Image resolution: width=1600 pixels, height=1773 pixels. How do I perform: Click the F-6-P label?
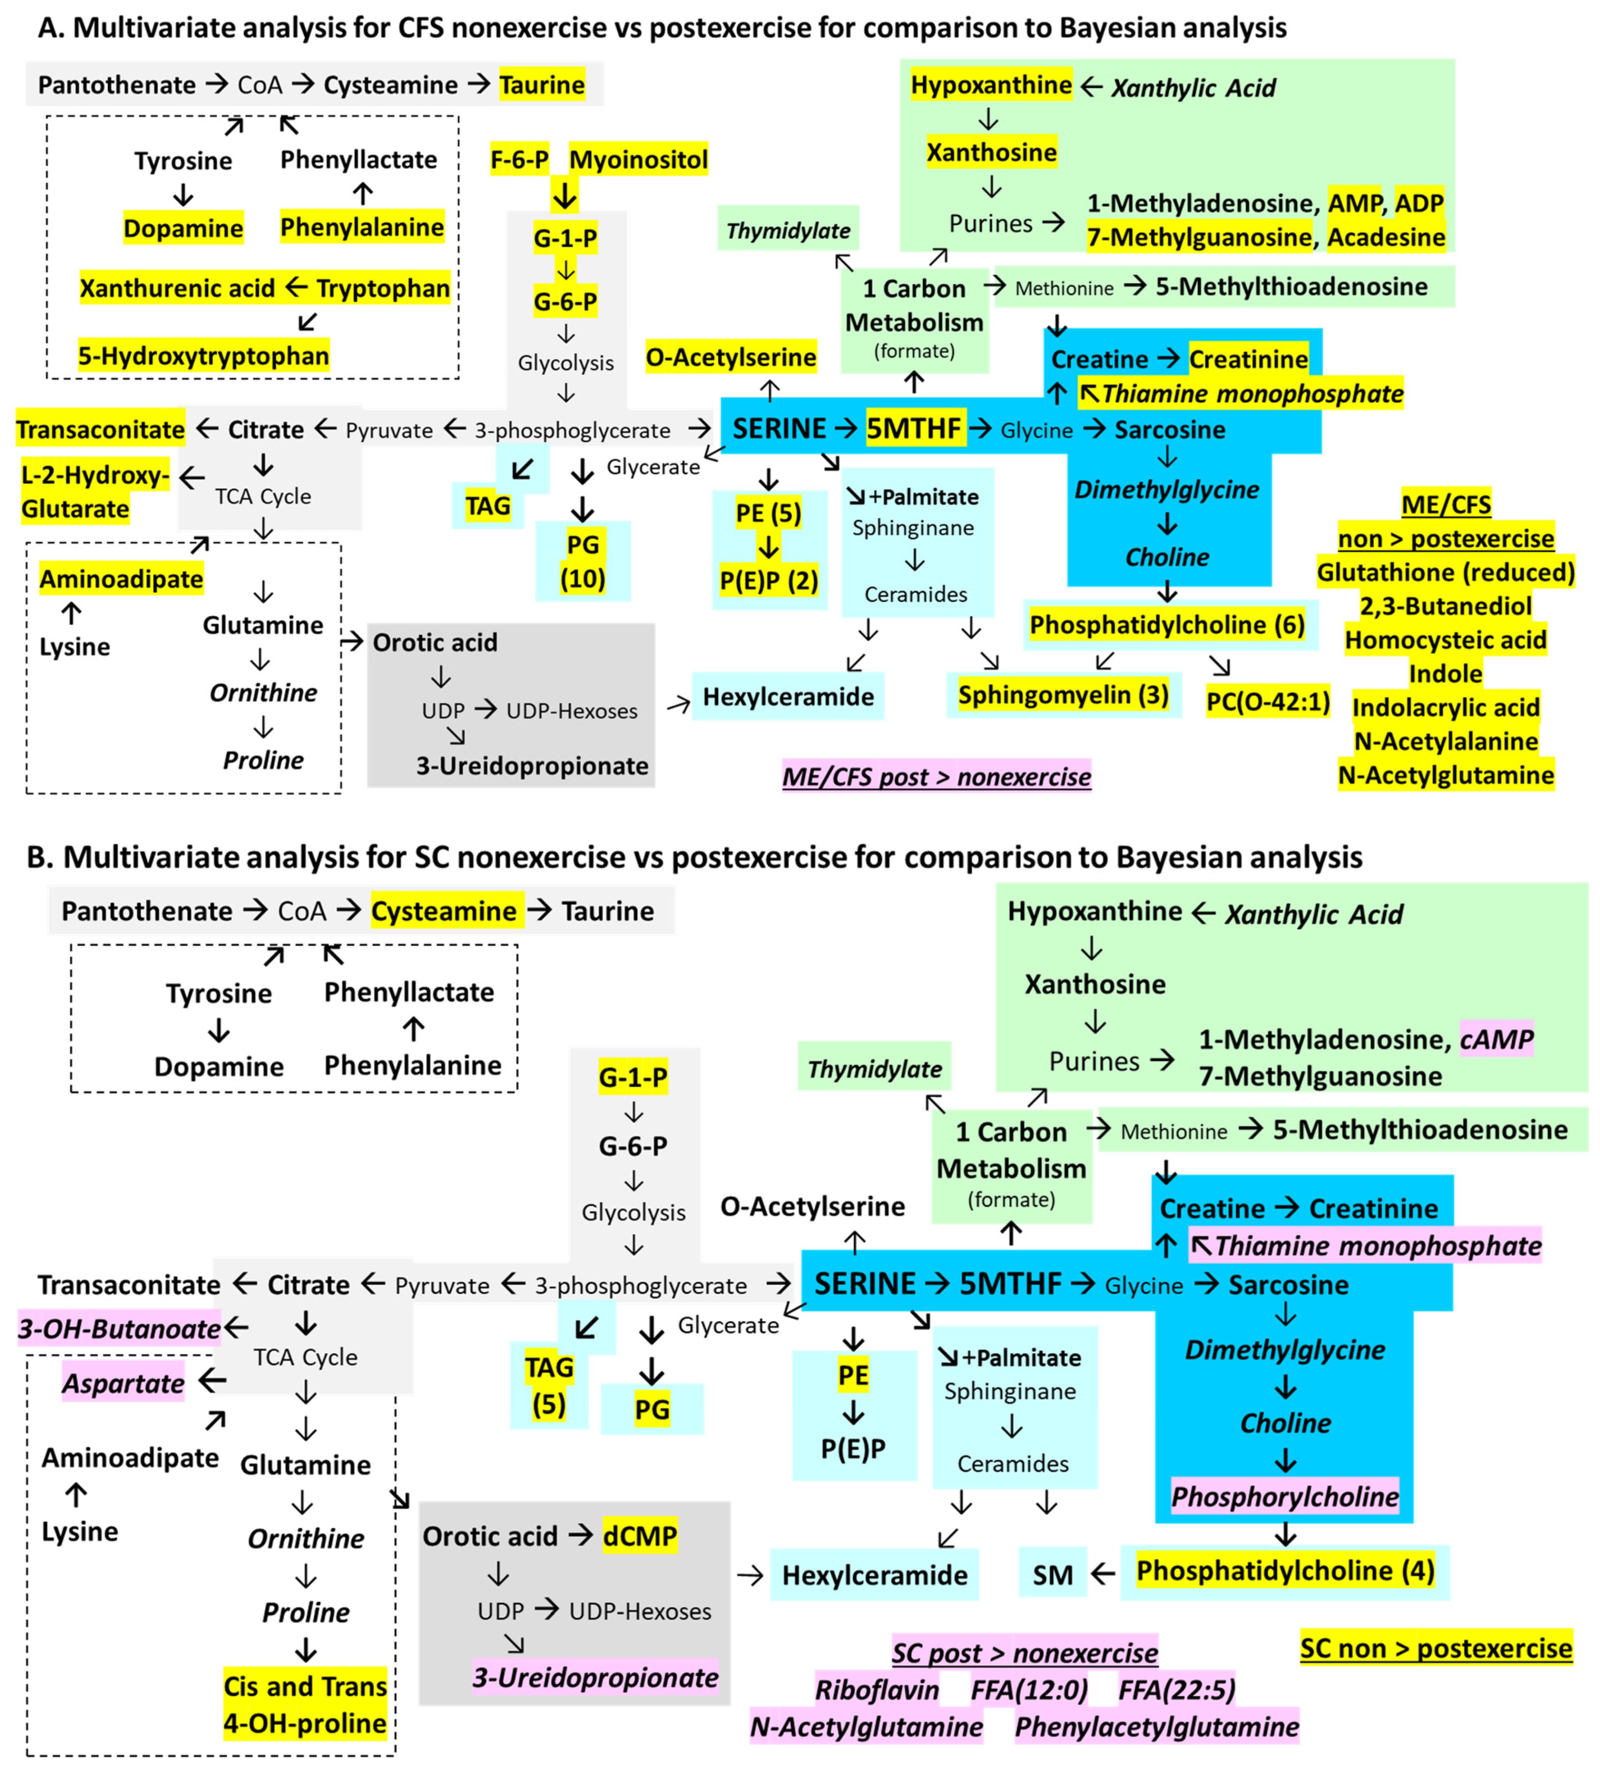(519, 160)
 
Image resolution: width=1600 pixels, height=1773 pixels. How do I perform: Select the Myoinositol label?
(638, 160)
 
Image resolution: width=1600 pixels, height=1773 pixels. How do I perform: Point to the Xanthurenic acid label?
(177, 288)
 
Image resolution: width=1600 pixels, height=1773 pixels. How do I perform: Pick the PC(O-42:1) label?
(1268, 702)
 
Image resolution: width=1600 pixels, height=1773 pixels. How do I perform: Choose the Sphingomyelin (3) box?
(1063, 695)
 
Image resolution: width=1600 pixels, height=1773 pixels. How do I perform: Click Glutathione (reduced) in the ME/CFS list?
(1445, 572)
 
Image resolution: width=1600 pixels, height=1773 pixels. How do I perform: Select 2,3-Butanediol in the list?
(1445, 606)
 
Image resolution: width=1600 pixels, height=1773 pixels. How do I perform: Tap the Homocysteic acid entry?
(1445, 640)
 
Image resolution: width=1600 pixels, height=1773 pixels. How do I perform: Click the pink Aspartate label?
(123, 1384)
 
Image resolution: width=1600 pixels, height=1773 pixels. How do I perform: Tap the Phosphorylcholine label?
(1284, 1497)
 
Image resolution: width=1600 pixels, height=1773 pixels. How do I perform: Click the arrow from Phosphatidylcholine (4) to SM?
(1103, 1574)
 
